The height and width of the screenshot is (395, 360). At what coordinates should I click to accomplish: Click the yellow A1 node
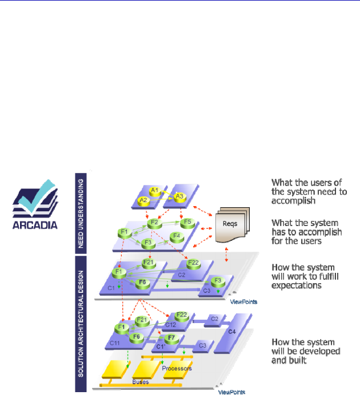click(154, 190)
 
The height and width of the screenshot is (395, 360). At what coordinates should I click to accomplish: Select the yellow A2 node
click(143, 199)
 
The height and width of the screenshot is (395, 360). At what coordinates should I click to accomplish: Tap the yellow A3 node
click(179, 197)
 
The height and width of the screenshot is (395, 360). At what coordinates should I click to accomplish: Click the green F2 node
click(153, 223)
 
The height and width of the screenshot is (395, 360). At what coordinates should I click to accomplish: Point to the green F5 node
click(186, 221)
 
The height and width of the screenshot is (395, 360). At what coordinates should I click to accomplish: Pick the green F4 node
click(177, 236)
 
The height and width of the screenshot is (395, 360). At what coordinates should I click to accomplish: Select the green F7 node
click(173, 339)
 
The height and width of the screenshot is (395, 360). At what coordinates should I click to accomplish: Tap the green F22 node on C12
click(182, 315)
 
